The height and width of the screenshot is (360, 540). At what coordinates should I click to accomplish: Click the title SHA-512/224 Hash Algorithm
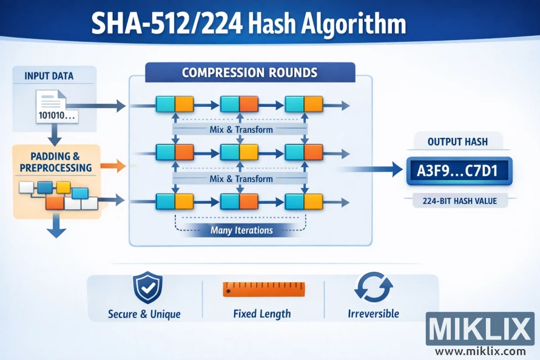click(x=248, y=25)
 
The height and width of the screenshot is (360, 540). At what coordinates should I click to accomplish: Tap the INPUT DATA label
click(x=49, y=76)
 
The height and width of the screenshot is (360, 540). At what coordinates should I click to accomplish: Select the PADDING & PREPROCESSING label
click(x=55, y=162)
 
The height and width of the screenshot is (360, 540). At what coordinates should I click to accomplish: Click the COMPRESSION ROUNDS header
click(x=249, y=73)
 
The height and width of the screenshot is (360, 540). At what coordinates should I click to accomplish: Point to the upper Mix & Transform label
click(x=241, y=129)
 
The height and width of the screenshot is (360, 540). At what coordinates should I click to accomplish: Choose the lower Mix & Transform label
click(x=241, y=179)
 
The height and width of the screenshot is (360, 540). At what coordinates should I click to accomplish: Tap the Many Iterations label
click(x=241, y=230)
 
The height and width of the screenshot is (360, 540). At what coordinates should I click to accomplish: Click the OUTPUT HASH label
click(x=457, y=141)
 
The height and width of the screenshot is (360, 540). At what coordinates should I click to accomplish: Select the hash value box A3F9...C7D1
click(x=458, y=171)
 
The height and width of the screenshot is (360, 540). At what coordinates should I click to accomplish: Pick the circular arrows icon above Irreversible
click(x=373, y=287)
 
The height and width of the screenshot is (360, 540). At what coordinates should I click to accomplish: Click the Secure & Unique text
click(x=144, y=314)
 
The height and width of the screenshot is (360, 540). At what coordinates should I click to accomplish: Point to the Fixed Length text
click(x=262, y=314)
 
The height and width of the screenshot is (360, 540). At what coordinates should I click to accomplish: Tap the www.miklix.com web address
click(x=480, y=351)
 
